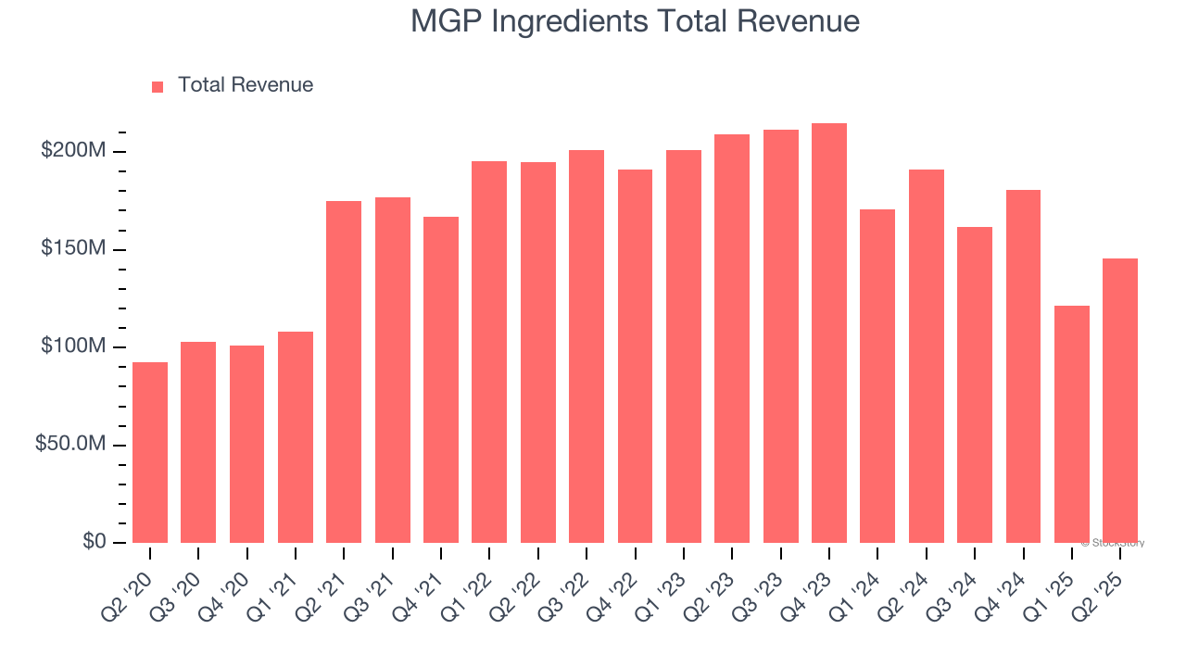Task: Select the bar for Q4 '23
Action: click(828, 333)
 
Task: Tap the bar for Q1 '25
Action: click(1071, 424)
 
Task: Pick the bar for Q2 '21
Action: click(344, 371)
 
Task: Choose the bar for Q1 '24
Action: click(877, 376)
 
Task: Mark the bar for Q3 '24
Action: click(975, 384)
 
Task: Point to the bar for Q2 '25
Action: click(1120, 400)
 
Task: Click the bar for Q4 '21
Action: click(441, 380)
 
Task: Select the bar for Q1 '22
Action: click(489, 352)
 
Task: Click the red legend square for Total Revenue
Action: click(158, 86)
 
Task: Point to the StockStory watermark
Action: click(1113, 543)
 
